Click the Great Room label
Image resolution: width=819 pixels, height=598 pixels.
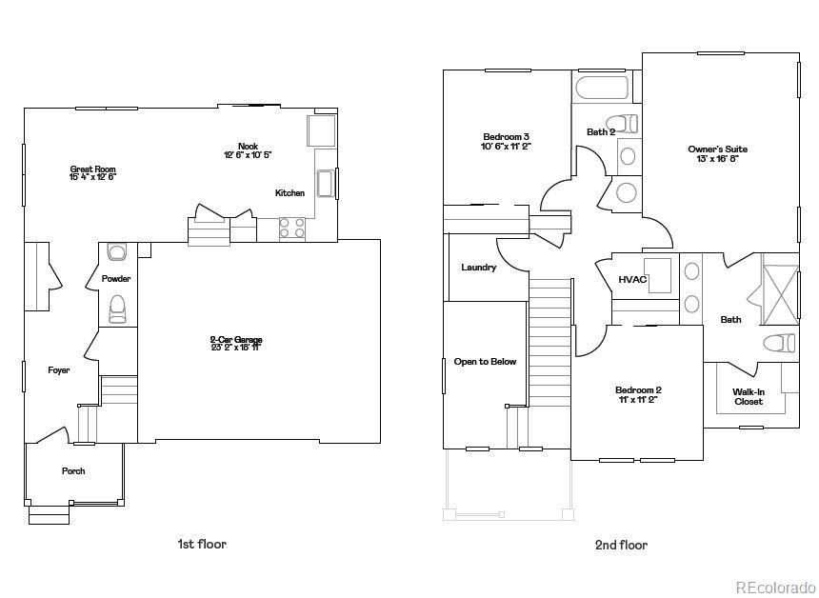(x=92, y=173)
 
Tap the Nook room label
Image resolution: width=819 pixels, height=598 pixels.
(x=248, y=150)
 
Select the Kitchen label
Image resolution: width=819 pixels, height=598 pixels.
(x=290, y=193)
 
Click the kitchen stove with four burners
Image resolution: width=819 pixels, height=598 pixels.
(x=292, y=229)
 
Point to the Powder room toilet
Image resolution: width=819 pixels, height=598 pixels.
(x=118, y=309)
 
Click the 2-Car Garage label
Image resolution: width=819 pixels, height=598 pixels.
(x=236, y=344)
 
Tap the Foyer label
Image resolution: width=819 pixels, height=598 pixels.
(x=59, y=370)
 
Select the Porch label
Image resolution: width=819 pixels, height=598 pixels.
(x=73, y=471)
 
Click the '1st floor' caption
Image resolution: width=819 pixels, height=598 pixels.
(x=202, y=545)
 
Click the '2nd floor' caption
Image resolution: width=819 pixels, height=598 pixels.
(x=621, y=546)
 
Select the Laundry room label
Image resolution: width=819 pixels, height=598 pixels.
(x=478, y=268)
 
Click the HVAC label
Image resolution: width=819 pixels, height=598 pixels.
(x=632, y=280)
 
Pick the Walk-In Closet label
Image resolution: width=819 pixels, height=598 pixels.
(x=748, y=397)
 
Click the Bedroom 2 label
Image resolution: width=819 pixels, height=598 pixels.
(x=637, y=395)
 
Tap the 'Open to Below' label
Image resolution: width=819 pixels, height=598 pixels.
(x=485, y=362)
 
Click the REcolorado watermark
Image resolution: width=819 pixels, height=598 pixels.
(x=774, y=587)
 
